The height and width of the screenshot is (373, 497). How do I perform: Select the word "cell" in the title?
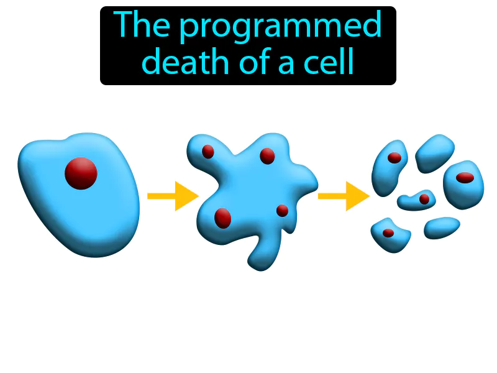[x=331, y=62]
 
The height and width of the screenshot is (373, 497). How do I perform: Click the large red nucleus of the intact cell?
[x=81, y=173]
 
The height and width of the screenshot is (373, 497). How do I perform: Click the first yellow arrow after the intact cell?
[x=172, y=196]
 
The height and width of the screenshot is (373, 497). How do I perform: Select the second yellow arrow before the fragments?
[x=343, y=196]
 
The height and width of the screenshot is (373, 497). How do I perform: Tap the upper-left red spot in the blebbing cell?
[x=208, y=151]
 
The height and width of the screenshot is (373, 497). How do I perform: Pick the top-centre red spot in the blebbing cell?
[x=267, y=156]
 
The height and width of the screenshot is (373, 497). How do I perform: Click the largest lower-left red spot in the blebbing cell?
[x=222, y=218]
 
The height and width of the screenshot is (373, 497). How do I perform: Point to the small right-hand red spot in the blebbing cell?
[x=282, y=210]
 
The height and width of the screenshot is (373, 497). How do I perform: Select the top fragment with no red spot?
[x=434, y=153]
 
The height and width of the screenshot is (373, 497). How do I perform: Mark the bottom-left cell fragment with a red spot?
[x=390, y=235]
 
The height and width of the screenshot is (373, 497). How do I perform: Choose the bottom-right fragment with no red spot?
[x=442, y=228]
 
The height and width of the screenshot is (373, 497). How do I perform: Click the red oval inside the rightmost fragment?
[x=465, y=178]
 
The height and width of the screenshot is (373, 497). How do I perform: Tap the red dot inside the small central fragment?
[x=424, y=199]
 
